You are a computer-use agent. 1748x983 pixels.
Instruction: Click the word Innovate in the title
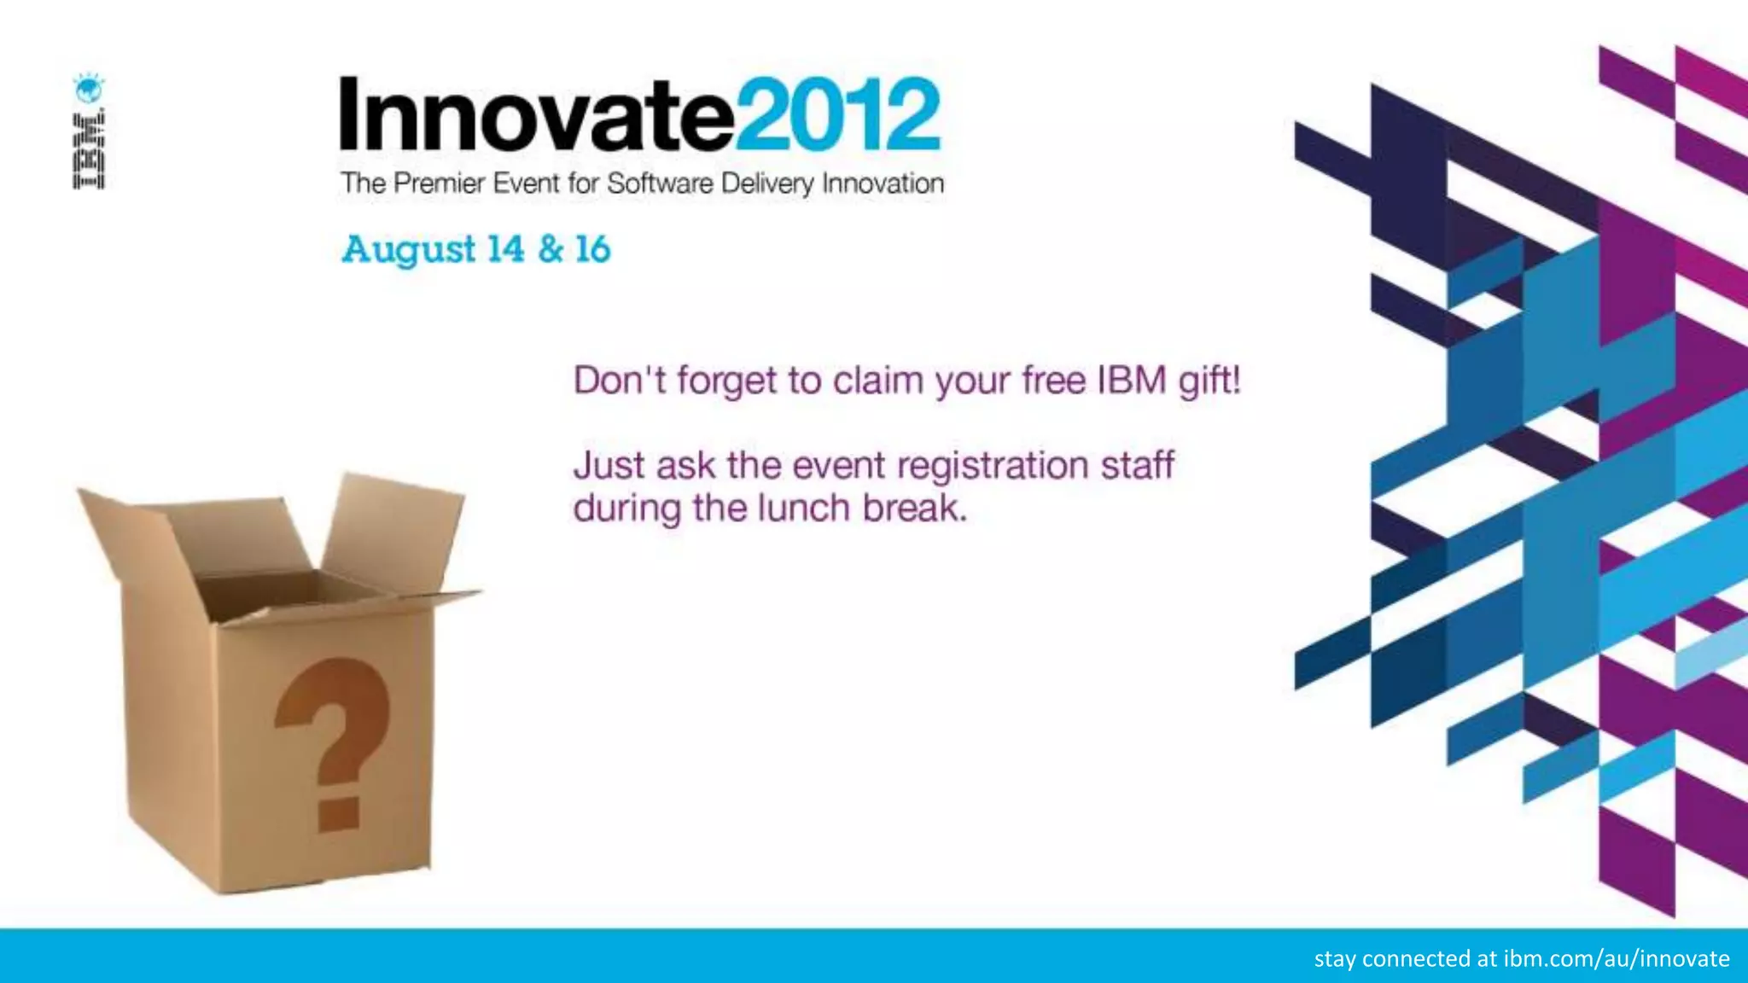coord(536,116)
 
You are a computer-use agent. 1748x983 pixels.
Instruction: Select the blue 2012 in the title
coord(838,114)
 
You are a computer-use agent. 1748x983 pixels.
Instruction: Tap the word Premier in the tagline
coord(439,183)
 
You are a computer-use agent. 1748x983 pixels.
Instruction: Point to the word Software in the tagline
coord(660,183)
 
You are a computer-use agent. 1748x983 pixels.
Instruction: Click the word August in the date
coord(408,250)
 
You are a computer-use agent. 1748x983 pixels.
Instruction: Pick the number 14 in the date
coord(505,249)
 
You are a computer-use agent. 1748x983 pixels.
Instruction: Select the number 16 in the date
coord(592,249)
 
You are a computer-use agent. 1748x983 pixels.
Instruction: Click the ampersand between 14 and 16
coord(551,249)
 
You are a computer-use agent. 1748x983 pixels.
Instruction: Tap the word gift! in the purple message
coord(1209,381)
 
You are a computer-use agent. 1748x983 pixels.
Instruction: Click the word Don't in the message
coord(620,381)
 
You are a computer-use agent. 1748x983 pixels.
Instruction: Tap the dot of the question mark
coord(338,812)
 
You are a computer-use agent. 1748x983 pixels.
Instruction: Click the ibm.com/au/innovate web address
coord(1616,958)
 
